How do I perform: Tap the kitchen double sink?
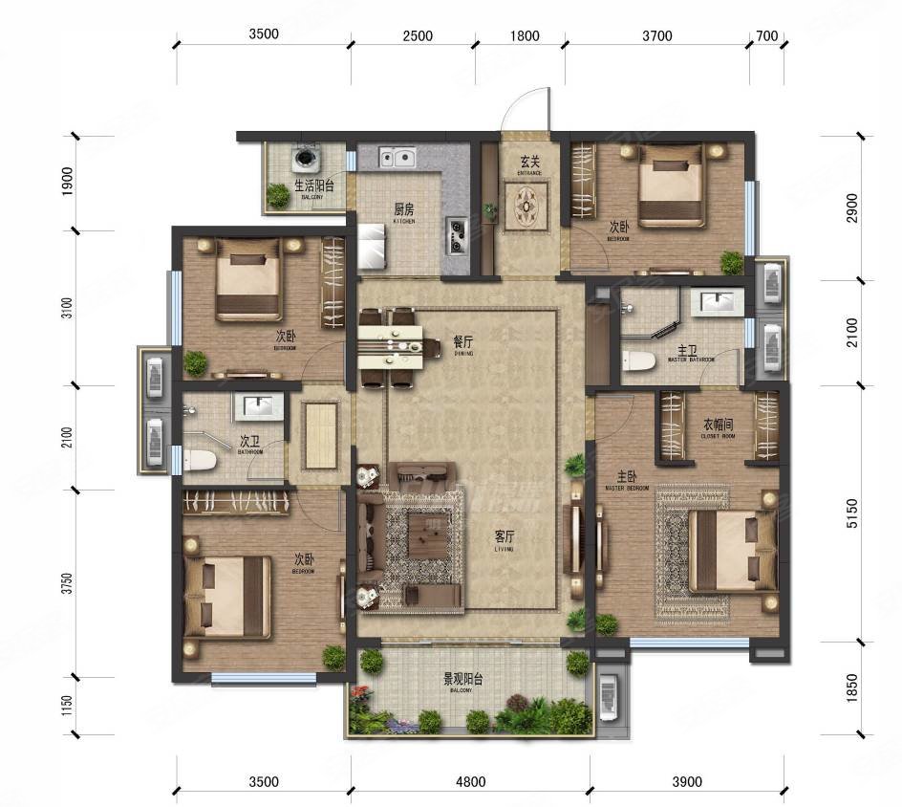(x=395, y=156)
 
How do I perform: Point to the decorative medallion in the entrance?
(x=528, y=205)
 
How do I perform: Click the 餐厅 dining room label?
(x=463, y=341)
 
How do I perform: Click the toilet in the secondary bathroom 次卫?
(x=199, y=460)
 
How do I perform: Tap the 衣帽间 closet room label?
(x=718, y=424)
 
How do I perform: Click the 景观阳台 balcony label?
(x=462, y=680)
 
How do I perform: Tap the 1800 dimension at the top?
(x=524, y=36)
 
